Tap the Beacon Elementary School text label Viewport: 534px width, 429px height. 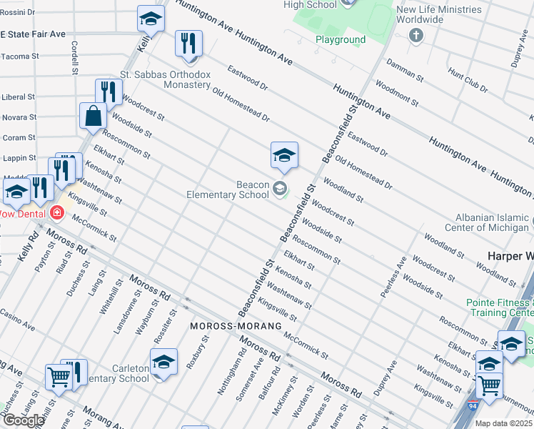(228, 189)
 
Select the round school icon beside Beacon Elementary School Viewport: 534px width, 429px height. (280, 189)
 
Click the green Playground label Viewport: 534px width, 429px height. (341, 40)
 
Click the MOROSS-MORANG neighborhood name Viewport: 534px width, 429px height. (228, 326)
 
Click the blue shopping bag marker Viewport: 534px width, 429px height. (94, 116)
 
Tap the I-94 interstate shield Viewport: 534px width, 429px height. (473, 406)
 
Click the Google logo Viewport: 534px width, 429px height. (23, 420)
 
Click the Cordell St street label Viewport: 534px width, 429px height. (74, 57)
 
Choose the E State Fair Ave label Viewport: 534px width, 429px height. (33, 34)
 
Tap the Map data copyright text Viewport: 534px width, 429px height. (504, 423)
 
